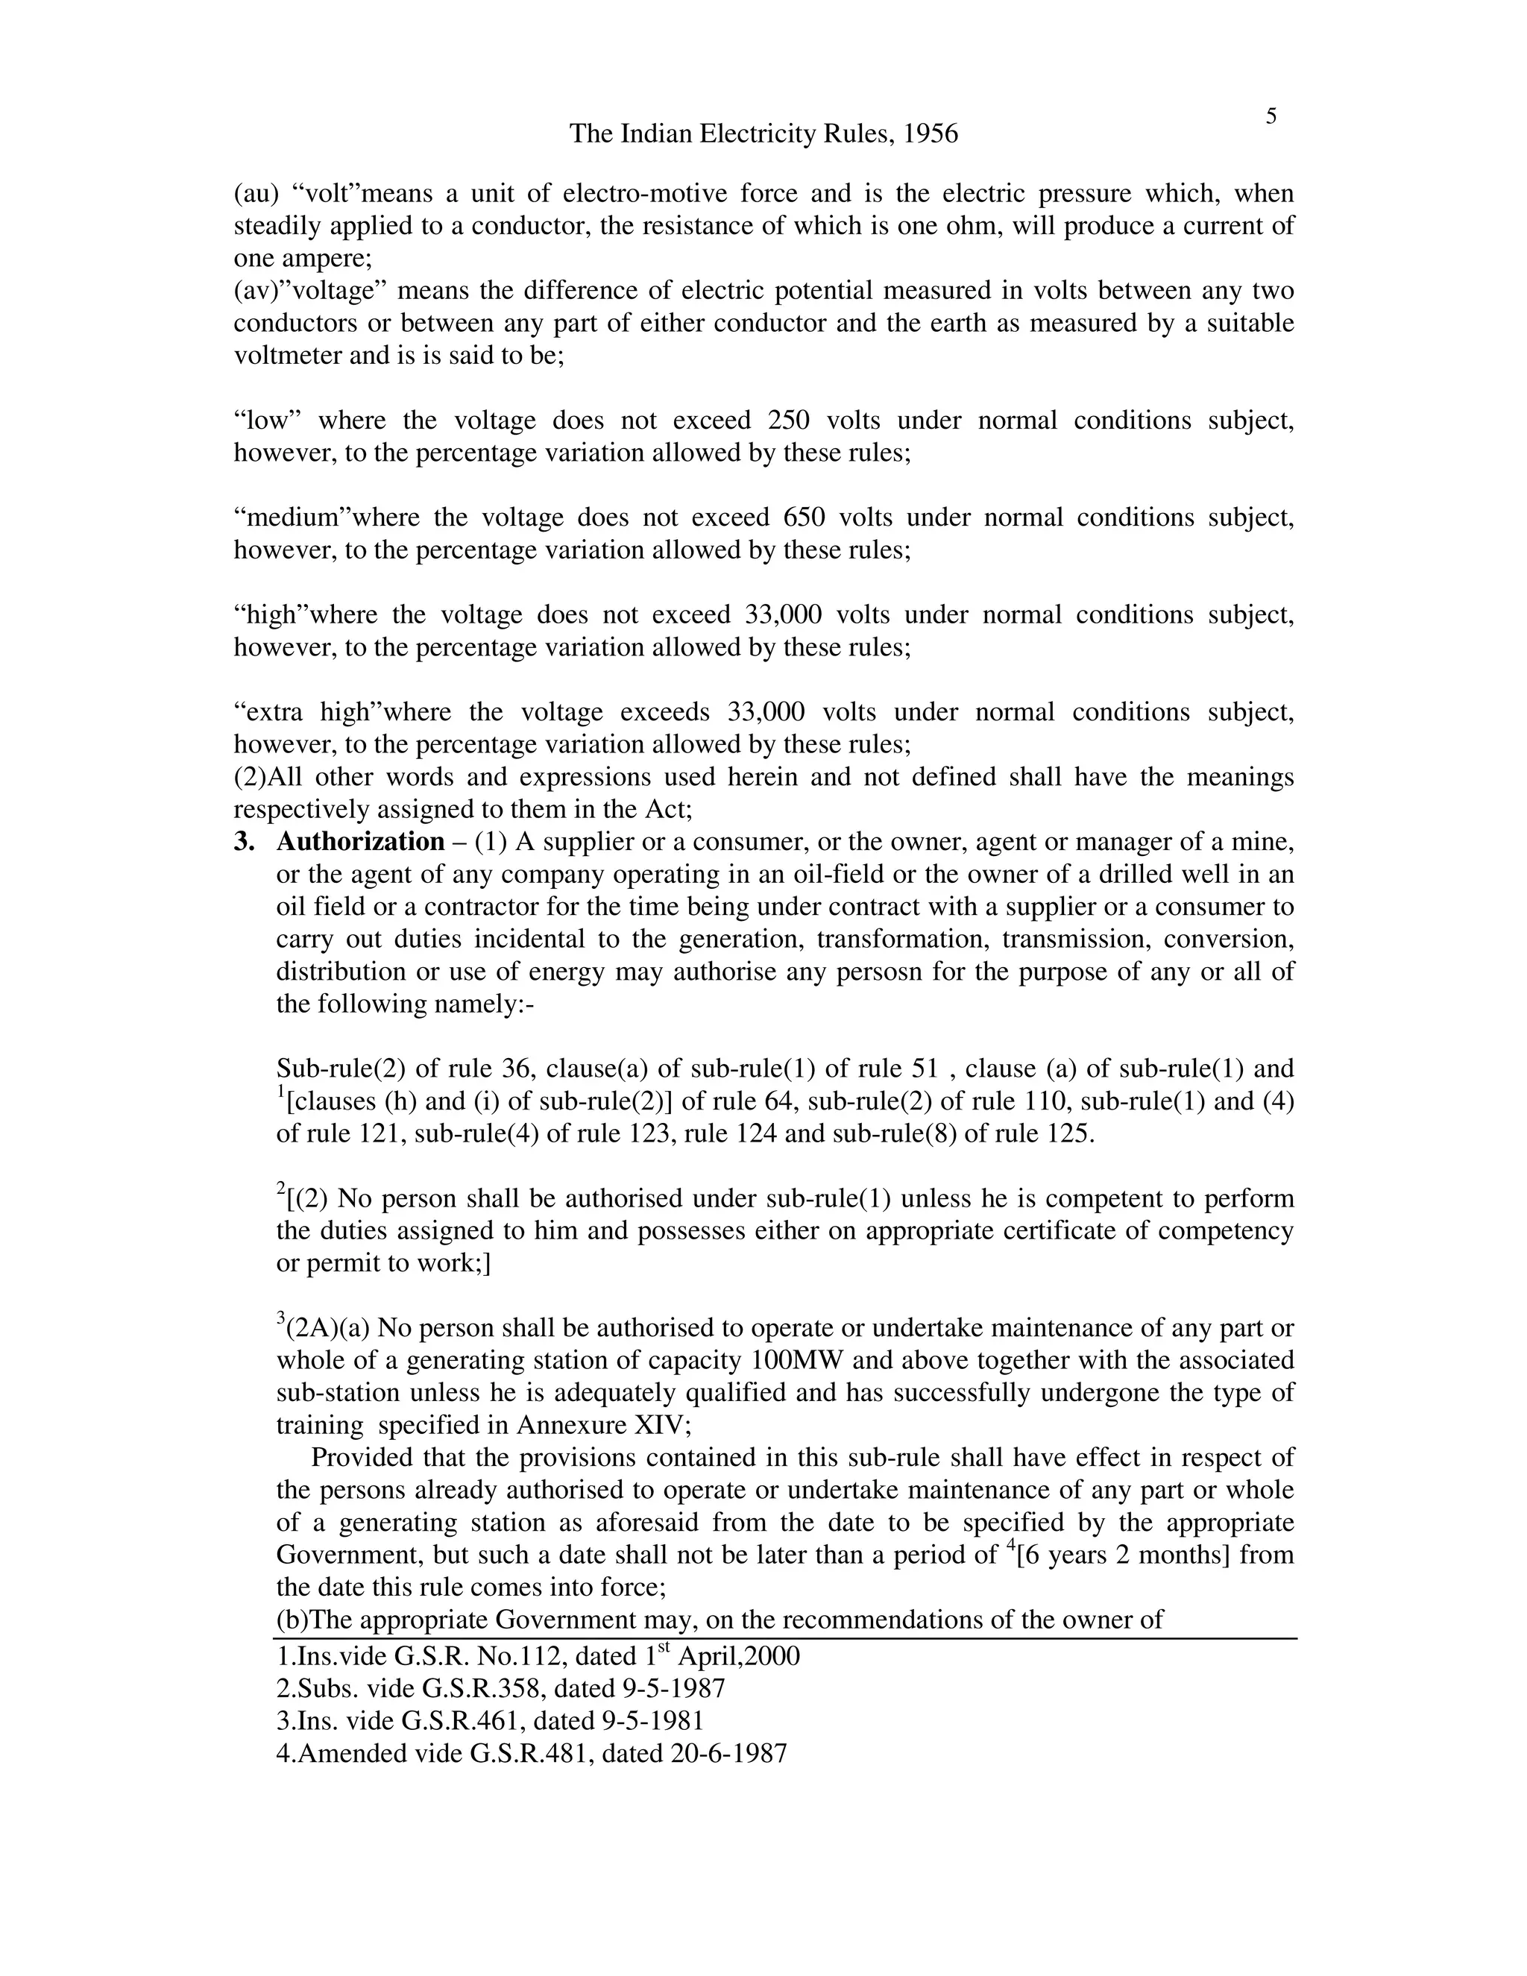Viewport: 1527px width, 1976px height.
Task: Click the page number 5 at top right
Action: [1271, 117]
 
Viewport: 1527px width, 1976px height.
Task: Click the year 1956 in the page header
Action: [930, 134]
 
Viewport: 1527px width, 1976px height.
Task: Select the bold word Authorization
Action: [360, 843]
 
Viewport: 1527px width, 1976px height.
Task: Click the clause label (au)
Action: [255, 194]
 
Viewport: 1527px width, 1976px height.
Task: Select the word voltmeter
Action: [288, 356]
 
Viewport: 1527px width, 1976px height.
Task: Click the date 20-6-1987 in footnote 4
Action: [728, 1754]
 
